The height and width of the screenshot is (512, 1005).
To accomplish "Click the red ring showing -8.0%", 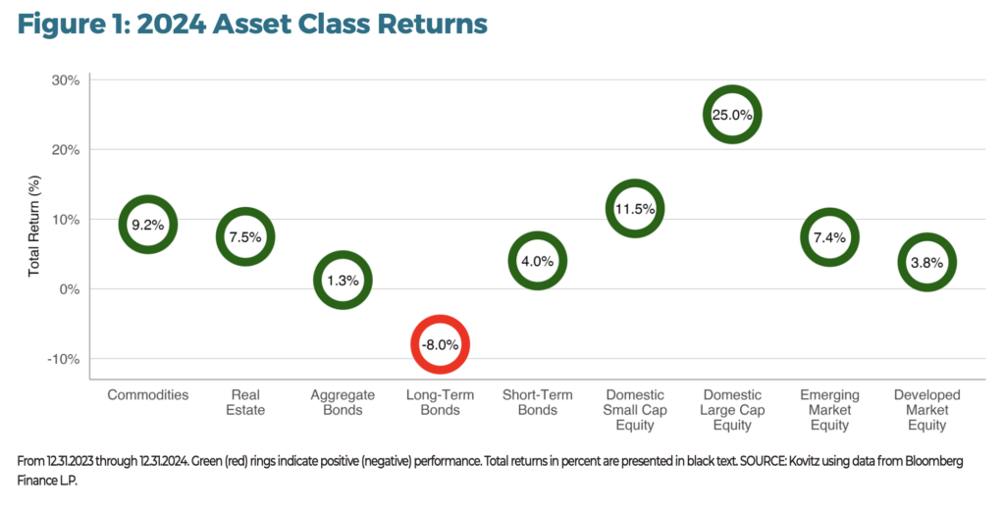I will click(x=439, y=344).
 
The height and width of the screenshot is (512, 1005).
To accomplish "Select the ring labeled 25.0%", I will click(x=732, y=115).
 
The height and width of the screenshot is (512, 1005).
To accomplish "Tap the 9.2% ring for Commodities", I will click(x=147, y=225).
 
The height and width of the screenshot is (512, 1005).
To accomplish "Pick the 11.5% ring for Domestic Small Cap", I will click(x=634, y=209).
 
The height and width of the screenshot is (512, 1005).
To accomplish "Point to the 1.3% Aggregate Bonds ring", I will click(x=343, y=280).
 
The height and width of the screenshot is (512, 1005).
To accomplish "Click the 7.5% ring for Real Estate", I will click(x=245, y=236).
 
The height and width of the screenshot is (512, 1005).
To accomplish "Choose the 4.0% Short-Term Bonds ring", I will click(x=537, y=261).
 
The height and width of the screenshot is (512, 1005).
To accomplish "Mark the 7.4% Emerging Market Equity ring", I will click(x=829, y=237).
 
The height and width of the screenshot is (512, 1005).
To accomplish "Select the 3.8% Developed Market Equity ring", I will click(x=926, y=262).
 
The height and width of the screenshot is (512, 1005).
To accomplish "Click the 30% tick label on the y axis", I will click(x=65, y=80).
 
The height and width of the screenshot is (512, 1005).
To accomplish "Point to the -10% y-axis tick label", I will click(x=63, y=359).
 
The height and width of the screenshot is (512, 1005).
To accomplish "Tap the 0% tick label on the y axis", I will click(x=69, y=289).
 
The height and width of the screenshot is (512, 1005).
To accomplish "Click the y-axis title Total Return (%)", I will click(x=33, y=220).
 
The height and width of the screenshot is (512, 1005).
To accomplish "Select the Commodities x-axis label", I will click(x=147, y=395).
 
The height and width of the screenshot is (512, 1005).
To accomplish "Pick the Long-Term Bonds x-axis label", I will click(x=439, y=402).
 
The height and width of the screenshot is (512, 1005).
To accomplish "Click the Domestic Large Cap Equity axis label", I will click(x=732, y=410).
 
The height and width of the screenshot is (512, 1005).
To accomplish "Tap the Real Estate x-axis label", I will click(x=245, y=402).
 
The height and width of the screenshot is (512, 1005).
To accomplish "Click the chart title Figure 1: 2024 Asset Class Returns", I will click(x=252, y=24).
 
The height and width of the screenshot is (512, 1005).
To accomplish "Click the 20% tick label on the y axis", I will click(x=65, y=150).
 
